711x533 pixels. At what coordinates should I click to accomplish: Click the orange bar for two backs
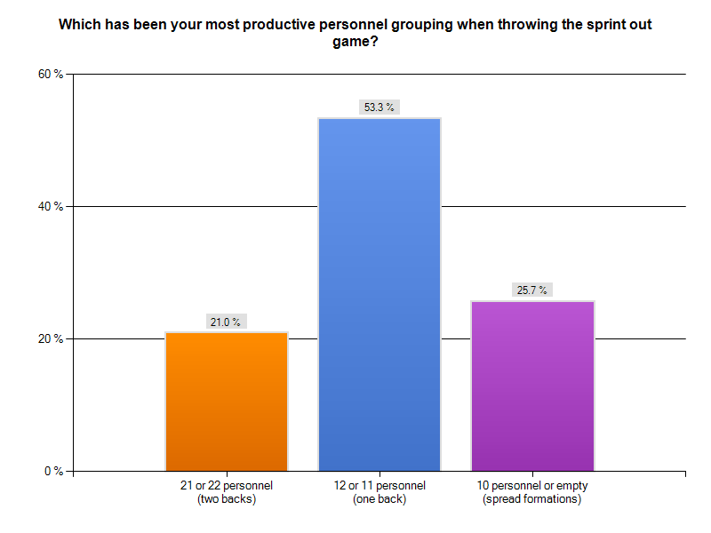[227, 401]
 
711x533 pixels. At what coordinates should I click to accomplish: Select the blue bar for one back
[379, 294]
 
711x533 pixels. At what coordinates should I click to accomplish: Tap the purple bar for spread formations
[532, 386]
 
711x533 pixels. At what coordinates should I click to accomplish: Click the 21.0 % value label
[226, 322]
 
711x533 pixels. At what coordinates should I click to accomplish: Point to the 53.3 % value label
[379, 107]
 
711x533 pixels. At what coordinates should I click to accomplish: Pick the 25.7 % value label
[531, 290]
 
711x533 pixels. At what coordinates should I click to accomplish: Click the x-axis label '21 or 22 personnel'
[226, 486]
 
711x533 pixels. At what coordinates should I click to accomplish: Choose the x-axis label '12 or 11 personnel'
[379, 486]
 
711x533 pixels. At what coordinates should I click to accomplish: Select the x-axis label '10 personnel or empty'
[532, 486]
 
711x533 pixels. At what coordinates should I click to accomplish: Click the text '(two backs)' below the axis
[226, 499]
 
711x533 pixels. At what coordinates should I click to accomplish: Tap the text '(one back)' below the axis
[379, 499]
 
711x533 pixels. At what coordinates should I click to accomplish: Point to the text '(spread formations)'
[532, 499]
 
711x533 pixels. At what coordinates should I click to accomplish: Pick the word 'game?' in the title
[355, 41]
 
